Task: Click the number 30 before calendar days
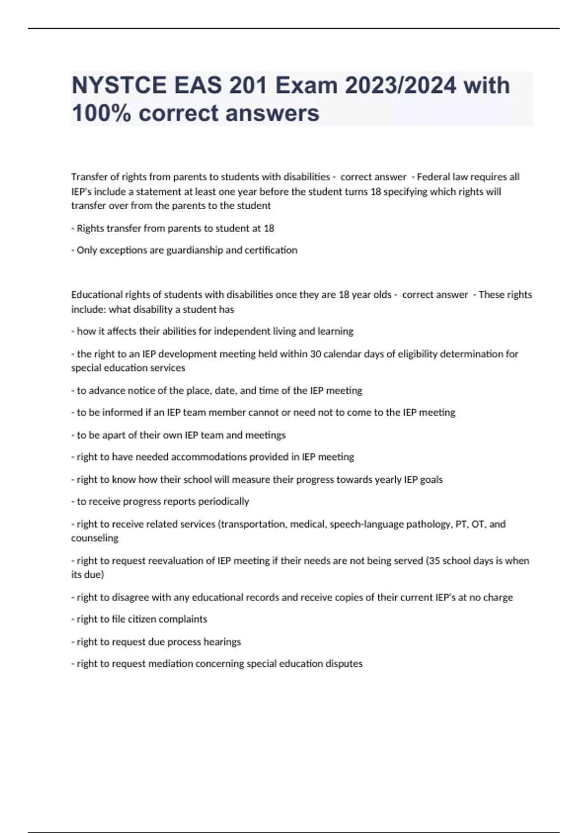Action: tap(316, 354)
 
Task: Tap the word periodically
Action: tap(224, 501)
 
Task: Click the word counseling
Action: tap(95, 538)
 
